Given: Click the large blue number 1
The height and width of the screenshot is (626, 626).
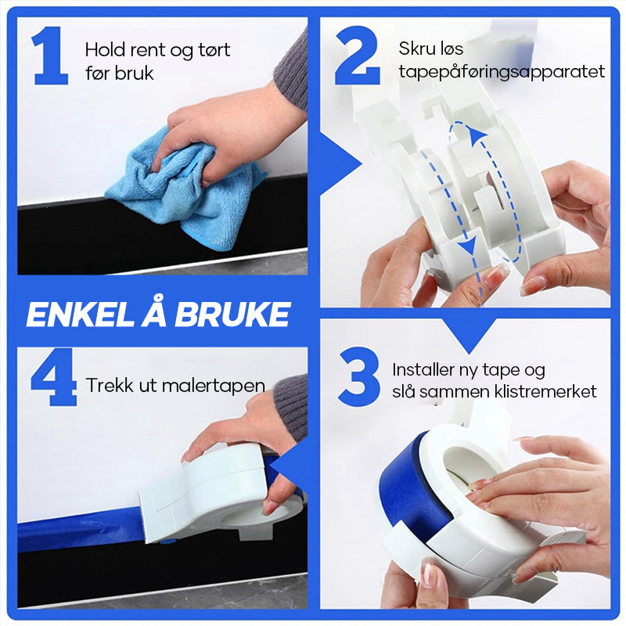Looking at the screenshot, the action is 51,56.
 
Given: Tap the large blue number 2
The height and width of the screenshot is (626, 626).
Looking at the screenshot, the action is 358,56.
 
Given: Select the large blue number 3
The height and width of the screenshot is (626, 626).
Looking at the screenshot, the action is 359,377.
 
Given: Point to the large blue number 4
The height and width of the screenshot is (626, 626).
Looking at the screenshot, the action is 54,377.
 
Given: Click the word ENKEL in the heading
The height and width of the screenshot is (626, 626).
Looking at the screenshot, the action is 80,315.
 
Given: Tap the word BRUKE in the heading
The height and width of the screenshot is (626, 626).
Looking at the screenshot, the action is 232,315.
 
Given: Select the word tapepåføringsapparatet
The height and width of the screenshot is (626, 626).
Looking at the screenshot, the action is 502,72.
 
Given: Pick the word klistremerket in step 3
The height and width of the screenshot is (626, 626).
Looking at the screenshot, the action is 545,391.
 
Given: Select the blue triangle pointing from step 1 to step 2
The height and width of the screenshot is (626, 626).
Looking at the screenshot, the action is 340,164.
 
